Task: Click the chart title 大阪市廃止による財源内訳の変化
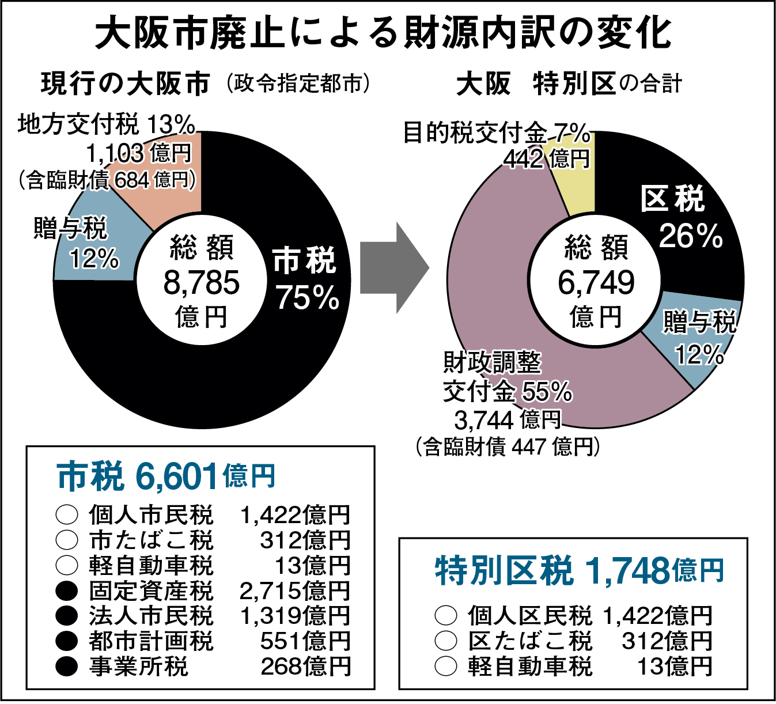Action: (383, 33)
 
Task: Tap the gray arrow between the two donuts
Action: (394, 268)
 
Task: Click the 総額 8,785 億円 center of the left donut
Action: (201, 282)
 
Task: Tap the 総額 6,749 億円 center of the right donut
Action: (596, 282)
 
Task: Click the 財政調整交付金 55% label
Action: (507, 377)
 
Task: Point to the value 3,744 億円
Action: (507, 420)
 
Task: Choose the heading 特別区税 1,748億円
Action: (578, 570)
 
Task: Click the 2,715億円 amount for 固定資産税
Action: (294, 591)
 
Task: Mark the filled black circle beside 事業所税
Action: (67, 667)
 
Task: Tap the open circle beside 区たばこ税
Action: (445, 641)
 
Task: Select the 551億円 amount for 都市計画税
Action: (305, 641)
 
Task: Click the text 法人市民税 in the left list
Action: (151, 616)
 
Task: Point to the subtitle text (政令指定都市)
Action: (297, 84)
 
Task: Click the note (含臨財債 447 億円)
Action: (507, 447)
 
